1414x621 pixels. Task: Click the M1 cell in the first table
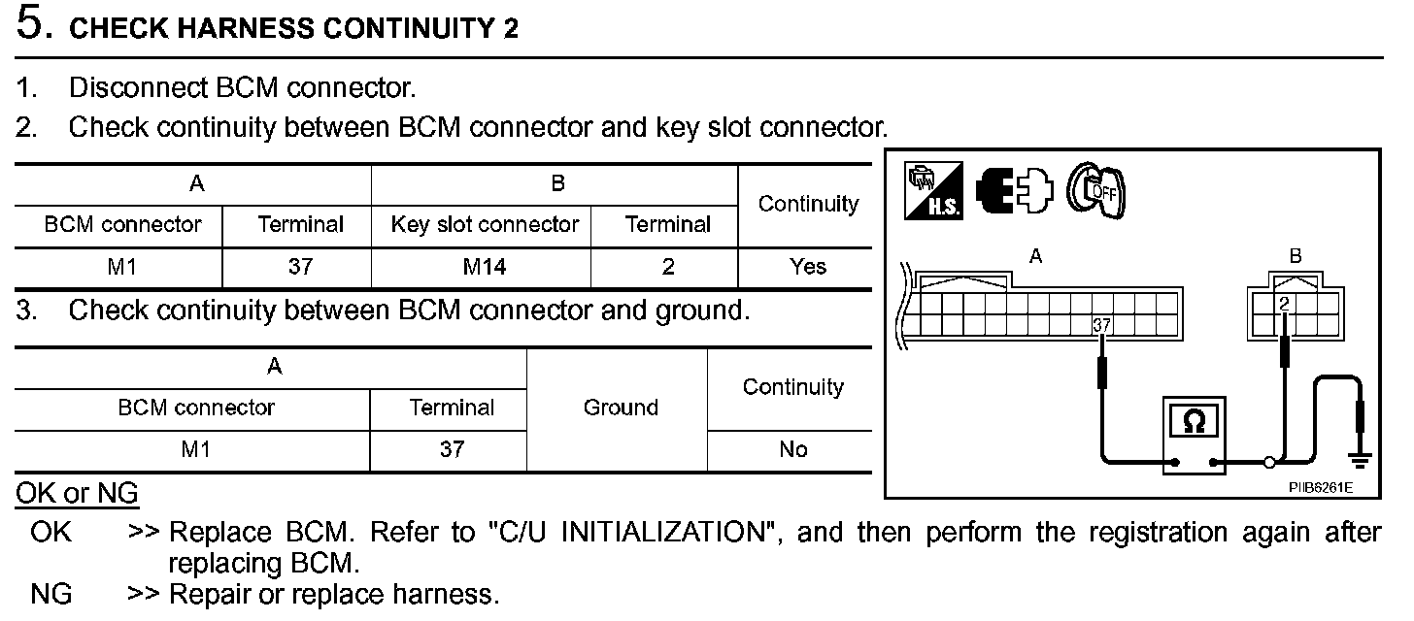120,266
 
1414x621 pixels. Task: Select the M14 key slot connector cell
484,266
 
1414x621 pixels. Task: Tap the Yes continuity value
808,266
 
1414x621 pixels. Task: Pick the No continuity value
792,449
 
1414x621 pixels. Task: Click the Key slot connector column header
484,225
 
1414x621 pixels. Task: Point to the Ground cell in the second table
620,409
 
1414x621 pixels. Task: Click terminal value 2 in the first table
667,266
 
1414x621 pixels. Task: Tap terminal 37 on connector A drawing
1101,325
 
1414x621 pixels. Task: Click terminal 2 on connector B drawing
1284,304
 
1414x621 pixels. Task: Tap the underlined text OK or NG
77,494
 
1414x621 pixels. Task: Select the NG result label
51,594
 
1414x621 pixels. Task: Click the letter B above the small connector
1295,257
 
